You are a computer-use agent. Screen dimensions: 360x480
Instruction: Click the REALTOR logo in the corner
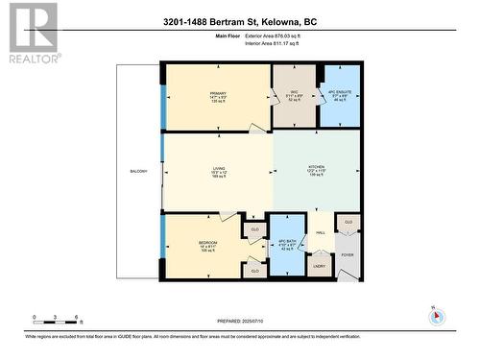pos(31,33)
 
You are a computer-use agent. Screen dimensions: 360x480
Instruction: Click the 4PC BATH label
pos(284,244)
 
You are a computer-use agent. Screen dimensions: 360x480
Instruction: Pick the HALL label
pos(320,233)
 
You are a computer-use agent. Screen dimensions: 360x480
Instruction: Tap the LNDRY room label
pos(320,266)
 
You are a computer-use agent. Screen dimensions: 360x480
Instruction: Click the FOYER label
pos(347,255)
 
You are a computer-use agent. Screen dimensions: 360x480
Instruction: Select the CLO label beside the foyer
pos(348,222)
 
